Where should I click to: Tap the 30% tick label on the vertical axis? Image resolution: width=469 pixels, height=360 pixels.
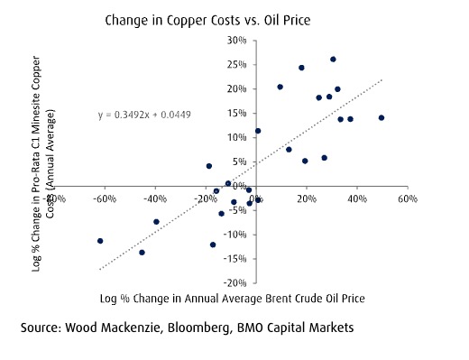coord(237,41)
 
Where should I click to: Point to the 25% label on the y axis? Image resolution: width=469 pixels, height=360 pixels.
coord(237,65)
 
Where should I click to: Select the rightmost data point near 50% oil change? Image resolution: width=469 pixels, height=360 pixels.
coord(382,118)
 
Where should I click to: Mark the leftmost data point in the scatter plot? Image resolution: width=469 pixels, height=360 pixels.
coord(100,241)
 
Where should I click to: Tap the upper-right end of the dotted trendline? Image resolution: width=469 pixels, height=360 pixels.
coord(384,79)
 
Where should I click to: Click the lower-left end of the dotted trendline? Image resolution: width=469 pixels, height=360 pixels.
coord(99,269)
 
